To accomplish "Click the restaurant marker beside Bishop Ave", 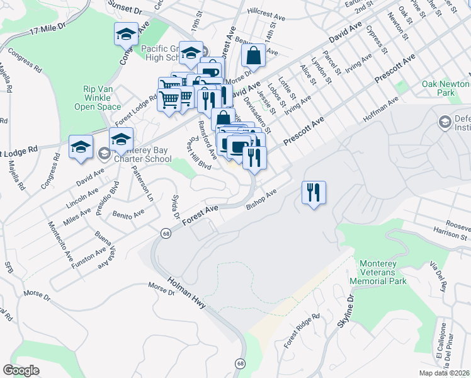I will coord(314,192).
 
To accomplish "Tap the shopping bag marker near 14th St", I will coord(253,55).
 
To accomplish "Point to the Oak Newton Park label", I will coord(446,88).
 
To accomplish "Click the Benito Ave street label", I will coord(128,214).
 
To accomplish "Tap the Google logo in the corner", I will coord(21,370).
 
